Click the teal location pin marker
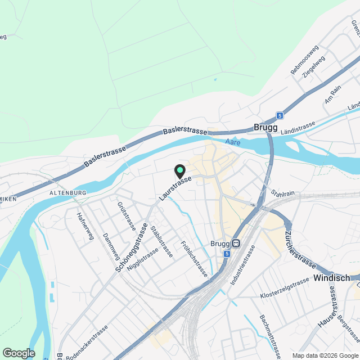(179, 170)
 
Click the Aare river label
(232, 143)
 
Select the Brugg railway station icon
(236, 244)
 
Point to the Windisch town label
(331, 278)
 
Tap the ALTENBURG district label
(67, 193)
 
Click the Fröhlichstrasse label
(195, 259)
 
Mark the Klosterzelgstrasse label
(285, 289)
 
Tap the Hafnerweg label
(84, 225)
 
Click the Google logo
(19, 353)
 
